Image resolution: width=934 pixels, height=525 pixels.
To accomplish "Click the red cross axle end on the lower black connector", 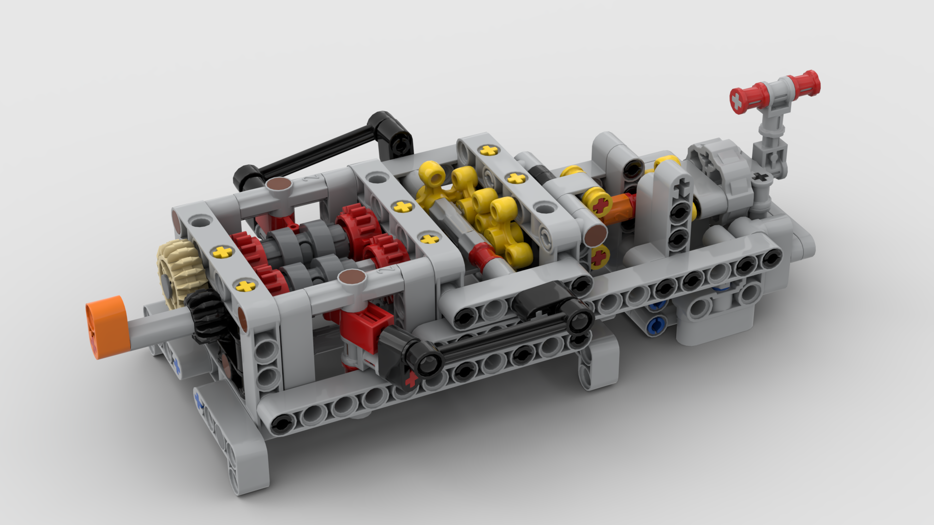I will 411,379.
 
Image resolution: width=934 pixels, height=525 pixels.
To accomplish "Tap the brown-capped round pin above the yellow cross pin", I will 596,236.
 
